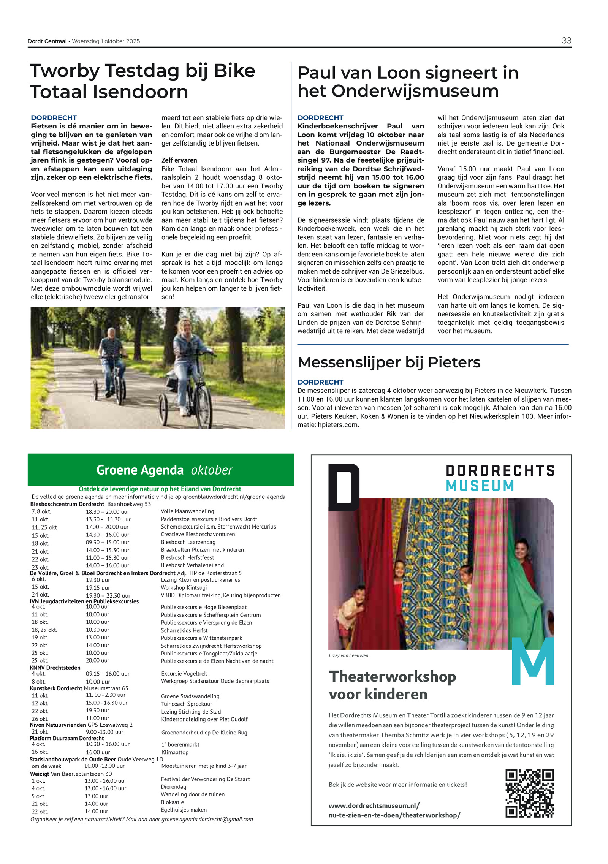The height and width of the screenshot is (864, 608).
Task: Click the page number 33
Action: pos(566,41)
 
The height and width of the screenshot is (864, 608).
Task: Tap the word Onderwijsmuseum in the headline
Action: pos(415,91)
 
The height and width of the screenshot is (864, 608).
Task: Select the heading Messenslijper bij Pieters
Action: pos(389,362)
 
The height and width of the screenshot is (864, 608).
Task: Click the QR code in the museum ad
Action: pos(529,793)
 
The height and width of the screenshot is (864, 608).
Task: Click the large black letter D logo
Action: pos(344,487)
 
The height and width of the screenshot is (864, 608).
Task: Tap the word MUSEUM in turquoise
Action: pos(480,486)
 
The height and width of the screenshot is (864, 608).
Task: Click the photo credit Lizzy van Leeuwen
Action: pos(348,655)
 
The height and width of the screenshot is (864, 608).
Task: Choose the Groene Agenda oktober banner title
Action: pos(164,470)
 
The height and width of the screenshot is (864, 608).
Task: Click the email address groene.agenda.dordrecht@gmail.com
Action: pos(207,820)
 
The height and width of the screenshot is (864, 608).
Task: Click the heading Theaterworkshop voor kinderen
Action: pos(392,685)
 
